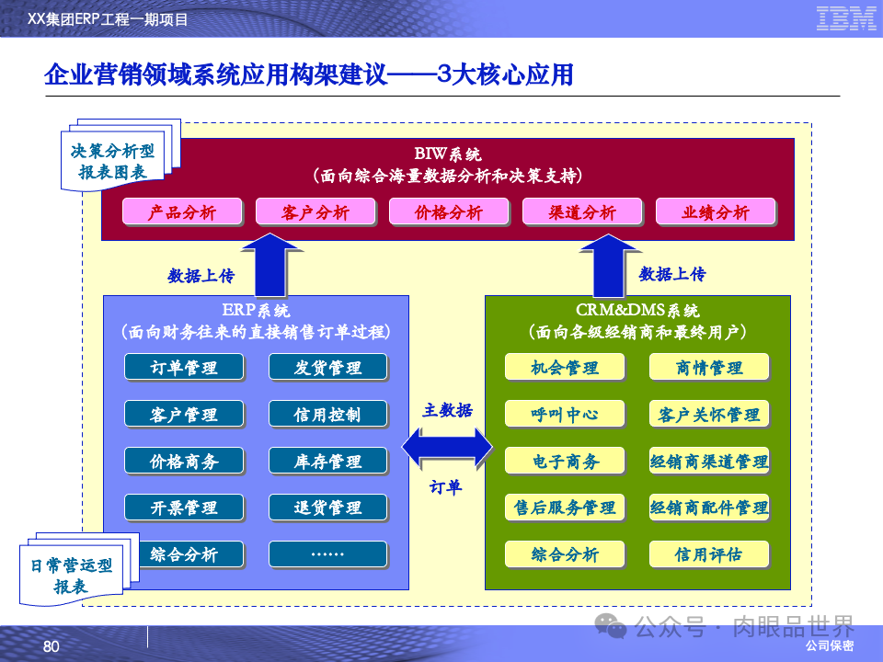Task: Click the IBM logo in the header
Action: click(x=845, y=17)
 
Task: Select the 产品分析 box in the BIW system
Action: click(x=182, y=212)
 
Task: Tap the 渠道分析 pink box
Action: click(x=581, y=212)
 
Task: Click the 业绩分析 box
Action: click(x=715, y=212)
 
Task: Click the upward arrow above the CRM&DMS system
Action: click(x=606, y=263)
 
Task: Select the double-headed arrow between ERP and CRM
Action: click(x=447, y=448)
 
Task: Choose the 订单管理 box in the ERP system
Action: click(x=184, y=368)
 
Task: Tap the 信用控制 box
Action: click(x=327, y=414)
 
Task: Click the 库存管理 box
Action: click(x=327, y=461)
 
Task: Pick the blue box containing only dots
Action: click(x=327, y=554)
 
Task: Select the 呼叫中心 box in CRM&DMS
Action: click(x=565, y=414)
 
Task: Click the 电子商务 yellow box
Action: click(x=565, y=461)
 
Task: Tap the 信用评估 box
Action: click(x=708, y=554)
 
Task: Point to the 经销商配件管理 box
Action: click(x=708, y=508)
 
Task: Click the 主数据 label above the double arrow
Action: click(x=448, y=410)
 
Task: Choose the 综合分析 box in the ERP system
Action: click(x=184, y=554)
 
